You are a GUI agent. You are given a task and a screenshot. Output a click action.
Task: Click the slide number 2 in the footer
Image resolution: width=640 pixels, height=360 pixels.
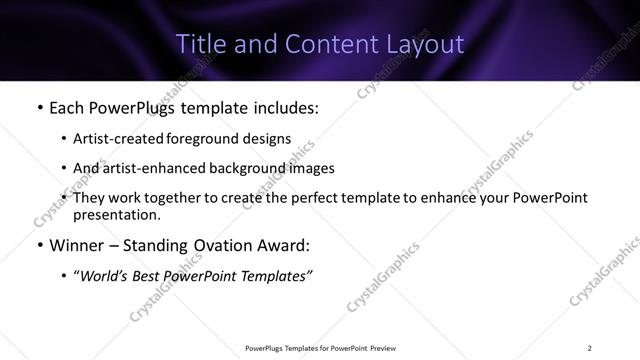click(589, 348)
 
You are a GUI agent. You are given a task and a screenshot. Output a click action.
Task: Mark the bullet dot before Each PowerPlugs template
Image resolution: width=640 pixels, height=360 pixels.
click(39, 106)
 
